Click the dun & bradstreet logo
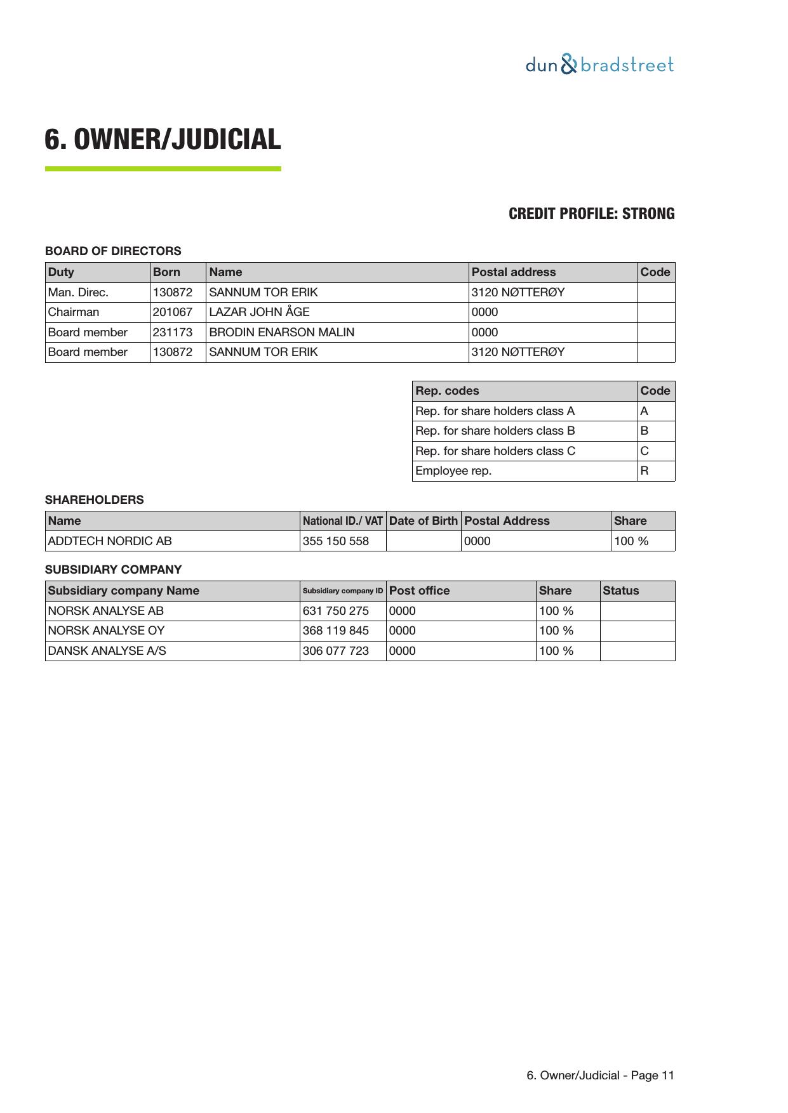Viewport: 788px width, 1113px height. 599,65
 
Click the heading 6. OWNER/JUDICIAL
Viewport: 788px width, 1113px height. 163,140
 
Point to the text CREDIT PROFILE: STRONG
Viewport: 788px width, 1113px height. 591,214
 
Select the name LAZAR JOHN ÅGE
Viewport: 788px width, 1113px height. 259,312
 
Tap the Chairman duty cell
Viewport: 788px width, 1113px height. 74,312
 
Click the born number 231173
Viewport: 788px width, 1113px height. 172,333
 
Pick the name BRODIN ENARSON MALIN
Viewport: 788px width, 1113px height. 281,333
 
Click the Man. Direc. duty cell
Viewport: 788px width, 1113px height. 78,293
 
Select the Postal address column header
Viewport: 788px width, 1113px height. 513,272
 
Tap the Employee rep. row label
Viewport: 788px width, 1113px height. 453,471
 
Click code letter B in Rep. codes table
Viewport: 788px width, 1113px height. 644,431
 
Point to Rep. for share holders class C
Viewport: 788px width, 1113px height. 495,451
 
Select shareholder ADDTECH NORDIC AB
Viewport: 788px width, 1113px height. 110,541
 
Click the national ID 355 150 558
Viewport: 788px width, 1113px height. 335,541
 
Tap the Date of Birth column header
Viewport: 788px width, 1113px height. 423,521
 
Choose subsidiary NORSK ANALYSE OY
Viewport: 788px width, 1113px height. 106,631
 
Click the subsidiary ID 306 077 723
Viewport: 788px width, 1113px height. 335,651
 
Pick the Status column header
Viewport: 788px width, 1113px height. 620,591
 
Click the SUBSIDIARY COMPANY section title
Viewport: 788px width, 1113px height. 113,570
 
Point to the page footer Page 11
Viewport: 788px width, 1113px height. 600,1076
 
